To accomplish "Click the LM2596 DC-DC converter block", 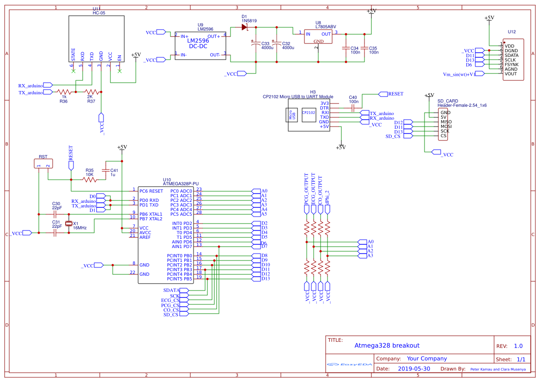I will point(200,45).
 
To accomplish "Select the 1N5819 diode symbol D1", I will point(245,27).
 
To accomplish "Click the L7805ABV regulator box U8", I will point(318,36).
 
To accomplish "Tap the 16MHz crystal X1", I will point(69,224).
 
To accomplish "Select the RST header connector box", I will point(43,164).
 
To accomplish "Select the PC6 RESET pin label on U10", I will point(151,191).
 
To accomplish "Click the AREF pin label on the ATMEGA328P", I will point(145,237).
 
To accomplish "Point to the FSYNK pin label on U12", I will point(511,64).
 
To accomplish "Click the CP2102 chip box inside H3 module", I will point(309,113).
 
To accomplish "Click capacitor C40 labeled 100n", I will point(353,108).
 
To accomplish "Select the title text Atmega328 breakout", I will point(387,346).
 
